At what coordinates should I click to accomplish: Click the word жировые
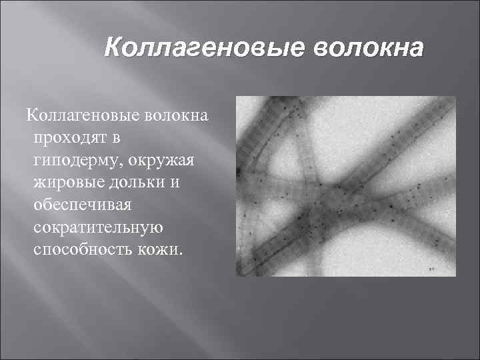pyautogui.click(x=65, y=183)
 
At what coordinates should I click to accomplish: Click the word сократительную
pyautogui.click(x=97, y=228)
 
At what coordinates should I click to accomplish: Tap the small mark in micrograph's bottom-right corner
pyautogui.click(x=432, y=268)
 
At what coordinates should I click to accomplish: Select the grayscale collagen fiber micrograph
pyautogui.click(x=346, y=186)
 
